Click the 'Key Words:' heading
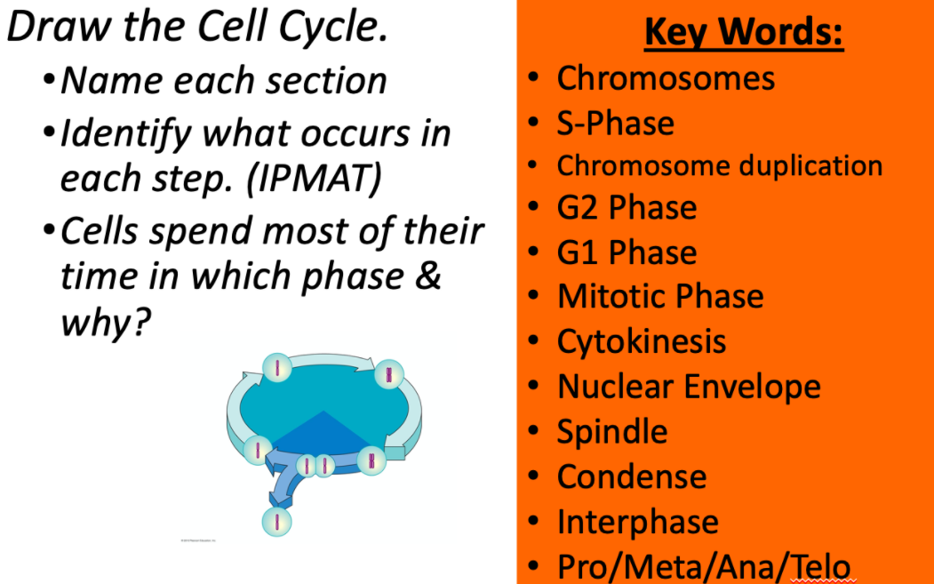[743, 34]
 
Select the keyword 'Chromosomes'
[666, 78]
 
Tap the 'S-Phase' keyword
[615, 123]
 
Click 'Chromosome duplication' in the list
[719, 166]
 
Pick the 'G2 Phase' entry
[627, 208]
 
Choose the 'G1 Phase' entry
[627, 252]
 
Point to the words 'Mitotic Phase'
[660, 297]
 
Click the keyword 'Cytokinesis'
[641, 341]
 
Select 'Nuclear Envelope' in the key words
[689, 387]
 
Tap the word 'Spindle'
[611, 432]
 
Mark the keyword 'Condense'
[631, 477]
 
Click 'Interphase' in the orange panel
[637, 522]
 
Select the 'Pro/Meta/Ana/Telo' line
[703, 566]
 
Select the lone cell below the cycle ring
[276, 521]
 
